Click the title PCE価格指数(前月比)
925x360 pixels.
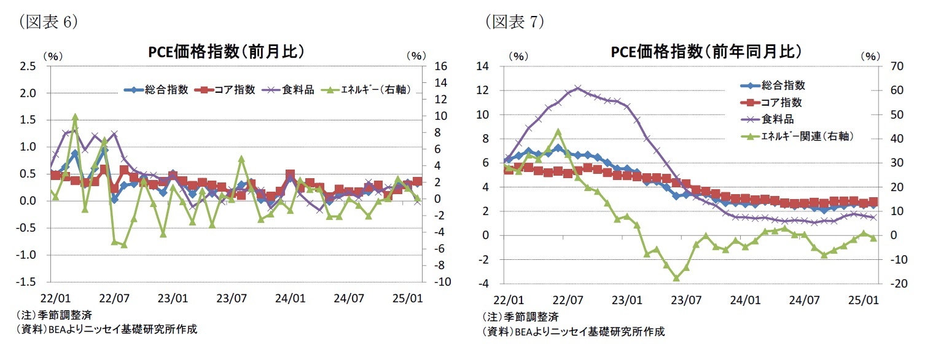(226, 52)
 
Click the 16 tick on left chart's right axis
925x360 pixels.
(442, 66)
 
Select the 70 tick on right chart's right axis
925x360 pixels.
(892, 66)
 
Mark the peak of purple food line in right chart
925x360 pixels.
(577, 88)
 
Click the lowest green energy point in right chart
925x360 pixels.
(676, 278)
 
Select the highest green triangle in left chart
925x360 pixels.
(75, 117)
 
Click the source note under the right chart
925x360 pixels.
(573, 332)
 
